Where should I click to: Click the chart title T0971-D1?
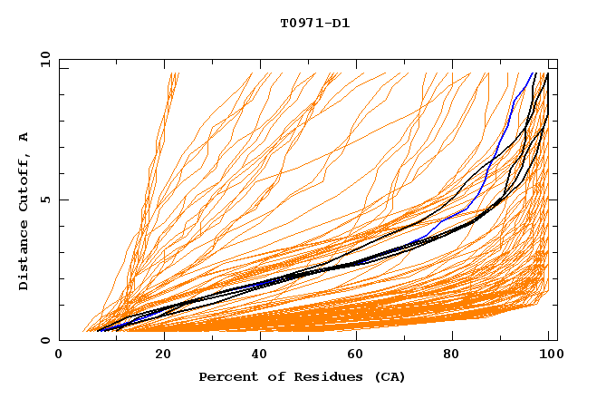click(314, 23)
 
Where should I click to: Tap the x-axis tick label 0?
click(59, 355)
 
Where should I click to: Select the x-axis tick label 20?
click(164, 355)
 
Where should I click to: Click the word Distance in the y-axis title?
click(24, 258)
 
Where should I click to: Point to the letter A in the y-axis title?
click(24, 137)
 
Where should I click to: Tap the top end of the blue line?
click(533, 73)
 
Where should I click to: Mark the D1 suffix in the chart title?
click(342, 23)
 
